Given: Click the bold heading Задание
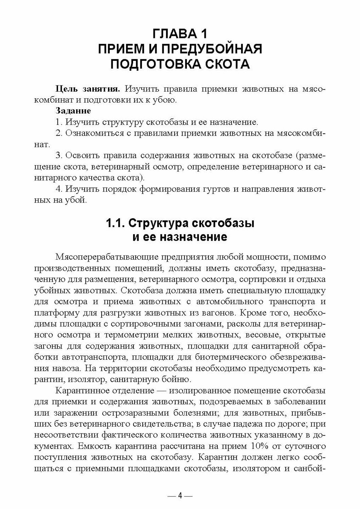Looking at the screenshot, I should coord(73,111).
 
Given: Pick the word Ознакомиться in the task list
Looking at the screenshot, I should coord(89,133).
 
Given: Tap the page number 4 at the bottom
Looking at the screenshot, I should coord(180,496).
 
